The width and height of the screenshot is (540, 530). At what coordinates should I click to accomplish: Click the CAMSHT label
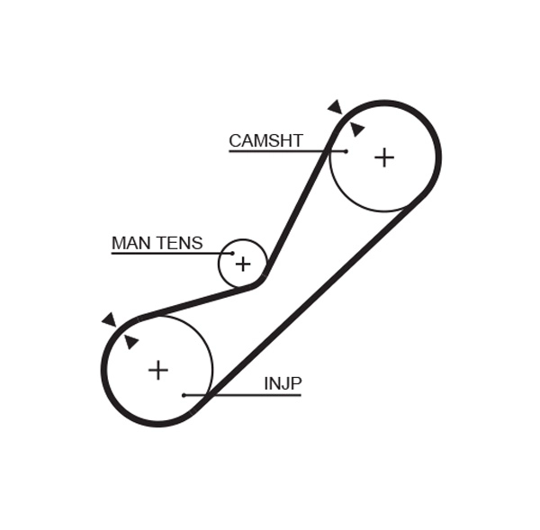(265, 140)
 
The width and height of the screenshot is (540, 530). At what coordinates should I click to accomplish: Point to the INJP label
(283, 383)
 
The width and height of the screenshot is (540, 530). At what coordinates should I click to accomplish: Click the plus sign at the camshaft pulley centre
(384, 157)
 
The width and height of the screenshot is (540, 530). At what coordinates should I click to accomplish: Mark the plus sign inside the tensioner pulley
(242, 264)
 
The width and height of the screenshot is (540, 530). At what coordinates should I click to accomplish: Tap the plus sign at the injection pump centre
(158, 370)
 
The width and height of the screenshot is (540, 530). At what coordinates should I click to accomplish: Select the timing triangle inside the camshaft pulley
(356, 129)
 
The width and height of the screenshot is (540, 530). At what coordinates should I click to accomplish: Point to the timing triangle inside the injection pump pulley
(131, 341)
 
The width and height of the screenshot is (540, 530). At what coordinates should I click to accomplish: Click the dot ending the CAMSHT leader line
(345, 151)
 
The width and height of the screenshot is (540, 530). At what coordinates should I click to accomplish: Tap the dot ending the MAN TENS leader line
(232, 254)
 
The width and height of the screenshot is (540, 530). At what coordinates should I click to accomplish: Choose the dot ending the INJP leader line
(184, 395)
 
